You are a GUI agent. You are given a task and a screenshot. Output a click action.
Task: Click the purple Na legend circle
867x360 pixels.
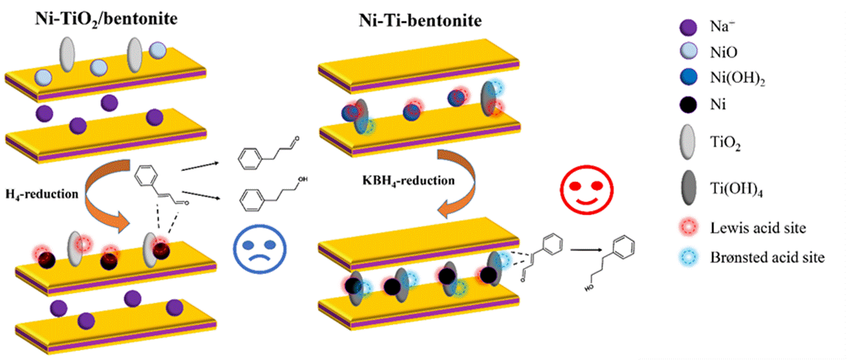click(688, 27)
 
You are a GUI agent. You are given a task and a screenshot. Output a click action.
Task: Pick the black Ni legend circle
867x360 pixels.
click(688, 105)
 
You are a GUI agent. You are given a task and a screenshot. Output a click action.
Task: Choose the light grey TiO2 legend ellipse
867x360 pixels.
click(688, 140)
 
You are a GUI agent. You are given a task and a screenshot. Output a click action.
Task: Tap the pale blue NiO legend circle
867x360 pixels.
click(688, 53)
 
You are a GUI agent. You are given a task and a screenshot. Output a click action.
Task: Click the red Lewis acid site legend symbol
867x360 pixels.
click(688, 227)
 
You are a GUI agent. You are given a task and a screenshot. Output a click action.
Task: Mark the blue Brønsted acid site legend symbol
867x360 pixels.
click(688, 258)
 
